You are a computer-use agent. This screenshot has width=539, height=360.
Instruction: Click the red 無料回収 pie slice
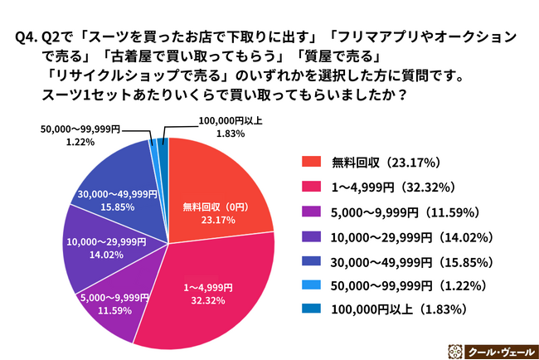tap(220, 187)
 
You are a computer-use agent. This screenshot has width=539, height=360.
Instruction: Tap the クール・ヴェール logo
tap(486, 348)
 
